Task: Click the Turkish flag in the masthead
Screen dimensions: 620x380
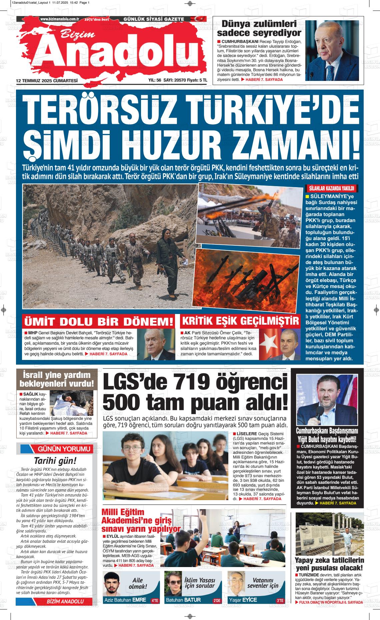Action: coord(199,19)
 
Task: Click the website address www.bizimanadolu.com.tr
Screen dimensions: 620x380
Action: coord(59,19)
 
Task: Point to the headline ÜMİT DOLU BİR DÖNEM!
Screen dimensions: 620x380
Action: coord(99,322)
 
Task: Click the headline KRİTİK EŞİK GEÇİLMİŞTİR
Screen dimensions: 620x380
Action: coord(240,321)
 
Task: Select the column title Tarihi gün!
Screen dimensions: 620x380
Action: coord(55,461)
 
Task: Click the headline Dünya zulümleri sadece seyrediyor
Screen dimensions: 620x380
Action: coord(259,28)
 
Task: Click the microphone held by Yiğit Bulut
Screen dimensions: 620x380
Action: coord(319,410)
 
